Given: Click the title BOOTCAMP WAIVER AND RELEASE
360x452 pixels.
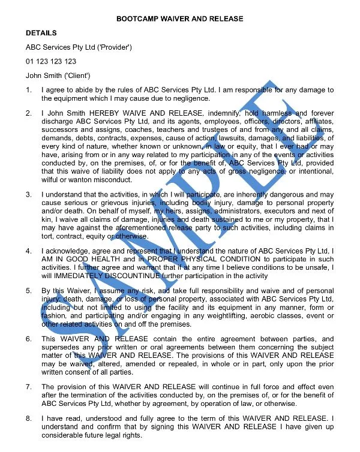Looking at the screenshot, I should point(180,19).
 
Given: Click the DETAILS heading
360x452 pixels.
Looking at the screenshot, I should point(41,33).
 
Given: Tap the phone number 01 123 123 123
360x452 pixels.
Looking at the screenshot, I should point(50,61).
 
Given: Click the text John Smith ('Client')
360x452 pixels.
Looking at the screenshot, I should point(58,76).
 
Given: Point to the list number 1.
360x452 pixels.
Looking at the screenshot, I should point(29,90).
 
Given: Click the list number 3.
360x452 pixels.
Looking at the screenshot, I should point(29,194).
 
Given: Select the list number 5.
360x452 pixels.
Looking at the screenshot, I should point(29,290).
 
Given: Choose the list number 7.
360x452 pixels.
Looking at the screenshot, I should point(29,387).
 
